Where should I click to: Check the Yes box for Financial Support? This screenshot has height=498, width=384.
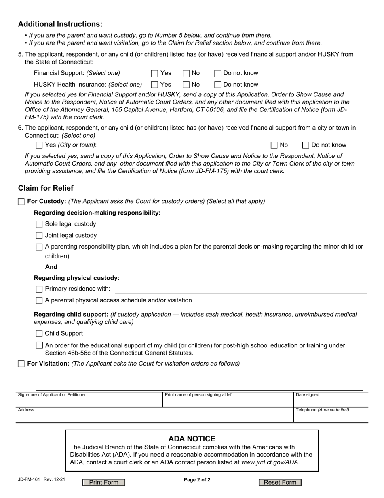(x=154, y=73)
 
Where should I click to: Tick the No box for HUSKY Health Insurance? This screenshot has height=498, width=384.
(x=186, y=85)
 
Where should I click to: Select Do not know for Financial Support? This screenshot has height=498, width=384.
(x=217, y=73)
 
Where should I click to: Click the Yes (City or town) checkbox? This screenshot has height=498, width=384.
(x=39, y=145)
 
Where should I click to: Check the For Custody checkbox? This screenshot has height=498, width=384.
(x=21, y=202)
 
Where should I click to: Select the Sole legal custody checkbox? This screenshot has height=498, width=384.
(x=39, y=224)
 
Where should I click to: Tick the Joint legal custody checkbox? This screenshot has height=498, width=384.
(x=39, y=236)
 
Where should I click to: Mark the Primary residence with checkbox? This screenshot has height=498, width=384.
(x=39, y=289)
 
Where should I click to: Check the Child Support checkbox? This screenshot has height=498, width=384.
(x=39, y=334)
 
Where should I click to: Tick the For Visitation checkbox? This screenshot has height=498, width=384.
(x=21, y=364)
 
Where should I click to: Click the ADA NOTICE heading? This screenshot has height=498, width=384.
(x=192, y=438)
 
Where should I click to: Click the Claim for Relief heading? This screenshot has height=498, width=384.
(x=46, y=188)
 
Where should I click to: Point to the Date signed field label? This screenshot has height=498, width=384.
(x=307, y=395)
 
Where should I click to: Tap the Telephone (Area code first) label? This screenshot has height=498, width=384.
(x=322, y=410)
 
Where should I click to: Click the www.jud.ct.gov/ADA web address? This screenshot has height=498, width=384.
(x=270, y=462)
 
